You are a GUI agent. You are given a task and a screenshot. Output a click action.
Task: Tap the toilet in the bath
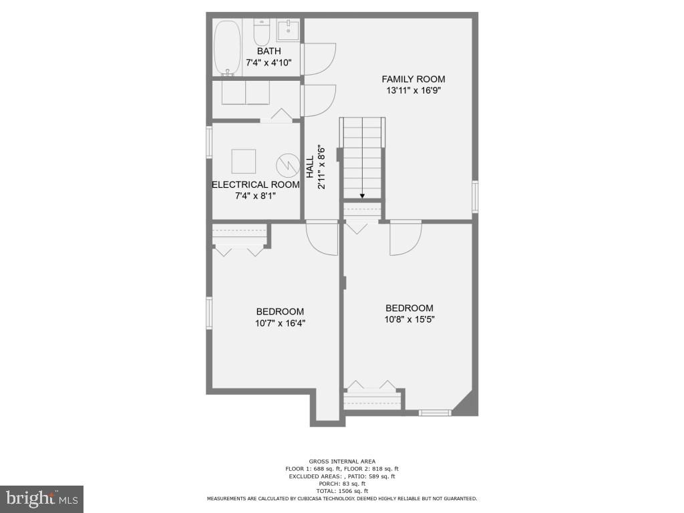click(261, 31)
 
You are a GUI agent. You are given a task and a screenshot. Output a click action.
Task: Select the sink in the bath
click(288, 30)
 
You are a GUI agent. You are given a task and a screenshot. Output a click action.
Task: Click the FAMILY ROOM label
click(413, 79)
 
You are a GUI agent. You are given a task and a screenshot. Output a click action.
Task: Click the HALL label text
click(309, 167)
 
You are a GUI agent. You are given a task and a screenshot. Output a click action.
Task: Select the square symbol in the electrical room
click(243, 161)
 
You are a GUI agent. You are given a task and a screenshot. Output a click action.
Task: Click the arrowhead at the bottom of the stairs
click(362, 196)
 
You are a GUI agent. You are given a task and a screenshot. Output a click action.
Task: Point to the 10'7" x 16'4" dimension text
click(280, 323)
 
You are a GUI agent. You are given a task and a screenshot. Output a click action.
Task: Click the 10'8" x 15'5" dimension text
click(409, 320)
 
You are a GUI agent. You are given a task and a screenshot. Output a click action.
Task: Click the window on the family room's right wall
click(475, 196)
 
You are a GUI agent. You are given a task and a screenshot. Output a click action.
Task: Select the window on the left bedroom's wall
click(209, 313)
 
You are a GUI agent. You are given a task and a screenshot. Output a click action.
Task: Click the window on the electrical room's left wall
click(209, 141)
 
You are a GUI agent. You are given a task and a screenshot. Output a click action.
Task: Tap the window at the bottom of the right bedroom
click(435, 413)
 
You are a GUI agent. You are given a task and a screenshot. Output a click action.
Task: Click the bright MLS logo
click(41, 498)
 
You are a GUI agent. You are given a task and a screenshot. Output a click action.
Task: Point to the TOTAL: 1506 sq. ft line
click(341, 491)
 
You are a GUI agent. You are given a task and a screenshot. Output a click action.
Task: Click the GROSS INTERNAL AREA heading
click(341, 462)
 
